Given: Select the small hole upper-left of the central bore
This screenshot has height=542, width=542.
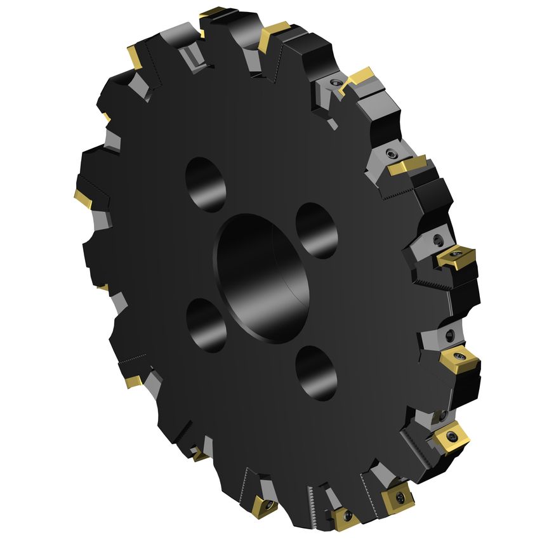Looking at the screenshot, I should [x=206, y=184].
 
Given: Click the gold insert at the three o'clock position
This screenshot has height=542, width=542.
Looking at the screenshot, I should [x=455, y=256].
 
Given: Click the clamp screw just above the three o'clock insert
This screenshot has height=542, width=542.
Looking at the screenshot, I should [x=439, y=240].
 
